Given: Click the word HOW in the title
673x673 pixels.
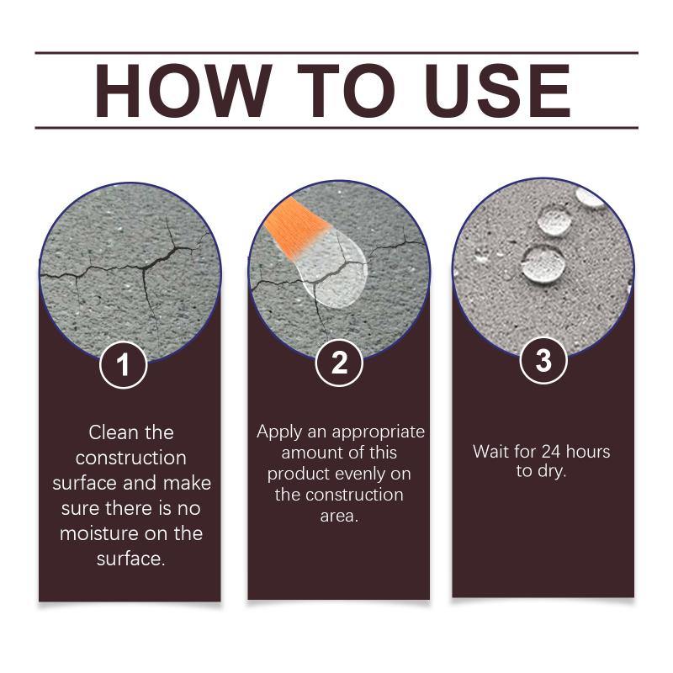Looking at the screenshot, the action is [x=183, y=91].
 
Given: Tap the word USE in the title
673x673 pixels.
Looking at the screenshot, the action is [x=497, y=91].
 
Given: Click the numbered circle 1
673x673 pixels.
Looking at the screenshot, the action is [x=123, y=365].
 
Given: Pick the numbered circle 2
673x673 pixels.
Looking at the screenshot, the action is [x=339, y=363].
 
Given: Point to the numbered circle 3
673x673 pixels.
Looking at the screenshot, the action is [x=543, y=360].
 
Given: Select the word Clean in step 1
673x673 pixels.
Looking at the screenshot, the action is [x=112, y=432].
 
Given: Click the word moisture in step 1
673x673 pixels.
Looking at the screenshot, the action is [x=98, y=533].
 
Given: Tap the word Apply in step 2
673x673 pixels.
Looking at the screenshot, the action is [x=279, y=432].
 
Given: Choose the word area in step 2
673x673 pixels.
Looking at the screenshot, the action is [x=339, y=516].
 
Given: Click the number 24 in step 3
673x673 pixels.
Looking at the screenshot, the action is [x=551, y=452].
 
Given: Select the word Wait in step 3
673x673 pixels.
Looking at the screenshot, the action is [x=490, y=452].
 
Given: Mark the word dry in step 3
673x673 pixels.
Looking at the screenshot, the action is [x=552, y=472].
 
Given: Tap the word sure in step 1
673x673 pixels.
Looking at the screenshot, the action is [x=80, y=509].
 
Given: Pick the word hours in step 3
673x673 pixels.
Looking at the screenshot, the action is [x=588, y=452].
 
